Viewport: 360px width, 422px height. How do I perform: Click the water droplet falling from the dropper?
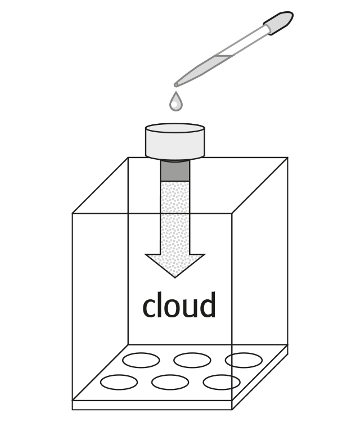point(177,102)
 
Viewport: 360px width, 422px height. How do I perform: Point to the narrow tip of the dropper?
point(176,85)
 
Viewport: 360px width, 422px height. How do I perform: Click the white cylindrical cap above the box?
point(175,142)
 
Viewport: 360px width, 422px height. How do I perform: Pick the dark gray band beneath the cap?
point(175,171)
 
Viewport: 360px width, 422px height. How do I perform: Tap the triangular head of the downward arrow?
point(175,264)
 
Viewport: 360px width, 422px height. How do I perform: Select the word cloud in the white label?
point(179,306)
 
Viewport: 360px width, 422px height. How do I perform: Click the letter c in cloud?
point(149,307)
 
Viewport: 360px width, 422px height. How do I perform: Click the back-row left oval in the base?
point(141,360)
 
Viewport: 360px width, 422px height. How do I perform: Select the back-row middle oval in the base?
point(192,360)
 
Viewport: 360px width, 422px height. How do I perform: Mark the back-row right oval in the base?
point(243,360)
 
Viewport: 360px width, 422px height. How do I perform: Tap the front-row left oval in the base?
point(119,382)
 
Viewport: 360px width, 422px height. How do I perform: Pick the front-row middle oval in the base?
point(170,383)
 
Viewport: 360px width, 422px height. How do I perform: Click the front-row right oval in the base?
point(221,383)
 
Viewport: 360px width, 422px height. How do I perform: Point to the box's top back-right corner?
point(287,158)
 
